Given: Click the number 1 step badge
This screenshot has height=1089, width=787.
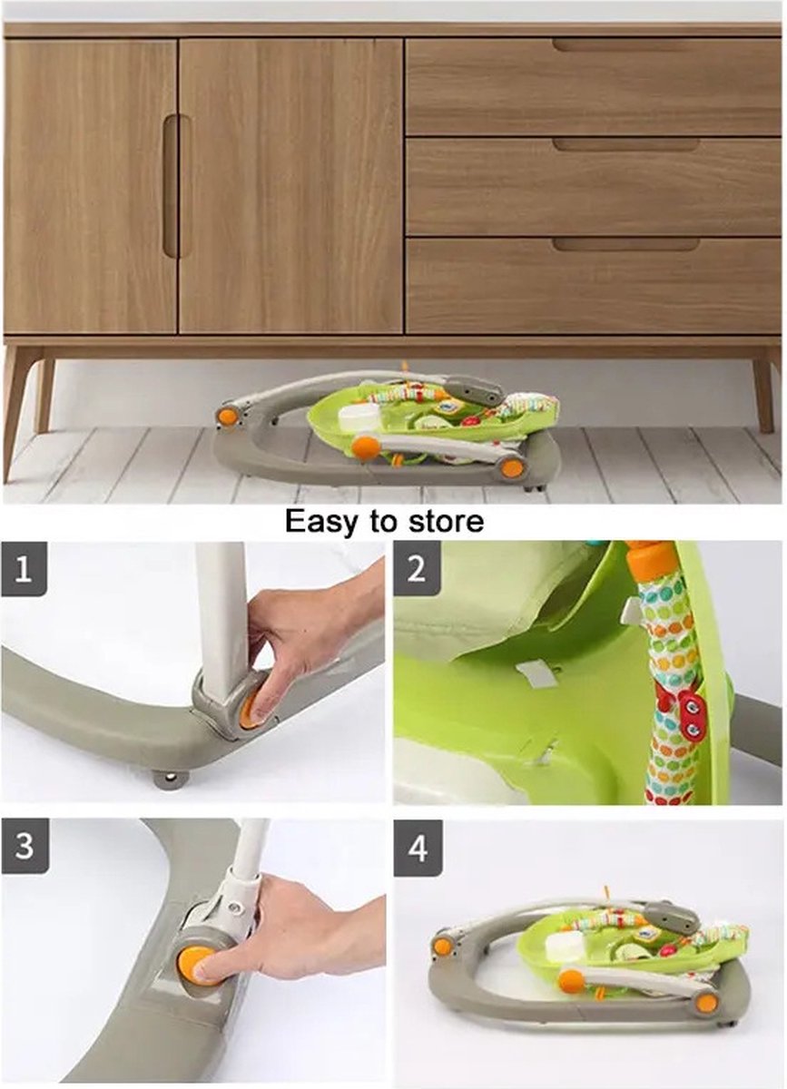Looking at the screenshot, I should click(x=24, y=570).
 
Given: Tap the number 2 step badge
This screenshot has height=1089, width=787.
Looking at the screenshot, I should click(x=417, y=570).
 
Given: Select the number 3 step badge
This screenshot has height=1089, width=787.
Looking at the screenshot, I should click(x=24, y=847).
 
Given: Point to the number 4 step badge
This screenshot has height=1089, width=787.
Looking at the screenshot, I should click(x=417, y=849).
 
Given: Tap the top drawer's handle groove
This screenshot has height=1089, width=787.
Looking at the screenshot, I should click(x=625, y=44).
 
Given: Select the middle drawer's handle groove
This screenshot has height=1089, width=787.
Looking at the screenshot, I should click(x=625, y=144).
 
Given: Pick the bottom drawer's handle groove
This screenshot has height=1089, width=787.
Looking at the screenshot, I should click(x=625, y=244).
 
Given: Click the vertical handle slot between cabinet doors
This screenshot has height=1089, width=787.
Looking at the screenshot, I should click(x=171, y=186).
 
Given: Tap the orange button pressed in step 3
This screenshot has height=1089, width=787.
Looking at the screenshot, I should click(x=194, y=965).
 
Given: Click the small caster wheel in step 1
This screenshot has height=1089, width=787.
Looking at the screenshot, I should click(x=170, y=779).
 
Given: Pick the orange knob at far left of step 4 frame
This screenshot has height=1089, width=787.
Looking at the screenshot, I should click(x=442, y=946).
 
